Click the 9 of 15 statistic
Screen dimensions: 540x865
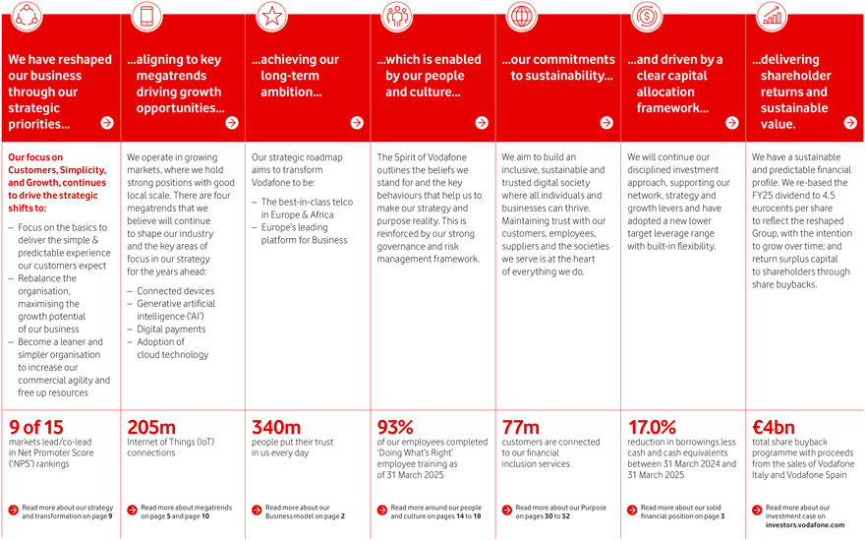(35, 427)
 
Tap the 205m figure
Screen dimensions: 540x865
(151, 427)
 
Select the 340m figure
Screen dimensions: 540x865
(276, 427)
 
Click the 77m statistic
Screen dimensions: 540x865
(521, 427)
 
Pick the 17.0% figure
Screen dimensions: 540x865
(652, 427)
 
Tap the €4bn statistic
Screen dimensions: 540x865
(773, 427)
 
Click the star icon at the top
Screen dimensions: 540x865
(271, 16)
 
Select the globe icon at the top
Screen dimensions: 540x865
(522, 16)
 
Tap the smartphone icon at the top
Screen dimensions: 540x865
(148, 16)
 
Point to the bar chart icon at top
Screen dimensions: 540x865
(772, 16)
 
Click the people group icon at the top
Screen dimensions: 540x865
(397, 16)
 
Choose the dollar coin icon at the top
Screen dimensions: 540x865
(647, 16)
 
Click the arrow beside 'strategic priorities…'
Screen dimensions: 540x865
(107, 123)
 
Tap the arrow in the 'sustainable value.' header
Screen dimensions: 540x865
(850, 123)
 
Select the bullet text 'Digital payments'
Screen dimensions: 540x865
(170, 330)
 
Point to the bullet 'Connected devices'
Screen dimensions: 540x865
(176, 291)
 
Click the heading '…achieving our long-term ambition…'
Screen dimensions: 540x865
(296, 76)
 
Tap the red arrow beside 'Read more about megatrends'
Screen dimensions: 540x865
(133, 510)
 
